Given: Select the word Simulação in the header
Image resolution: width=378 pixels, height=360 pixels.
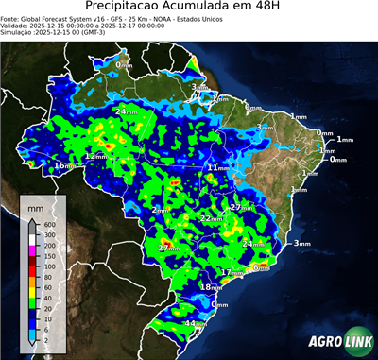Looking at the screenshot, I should [17, 32].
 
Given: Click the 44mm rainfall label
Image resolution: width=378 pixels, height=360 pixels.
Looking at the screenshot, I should [195, 324].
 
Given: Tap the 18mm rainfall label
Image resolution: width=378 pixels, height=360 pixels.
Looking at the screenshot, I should [212, 287].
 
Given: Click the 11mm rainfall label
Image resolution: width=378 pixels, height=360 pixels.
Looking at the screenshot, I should [217, 167].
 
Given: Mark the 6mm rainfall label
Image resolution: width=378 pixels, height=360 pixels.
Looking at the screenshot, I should [262, 267].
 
